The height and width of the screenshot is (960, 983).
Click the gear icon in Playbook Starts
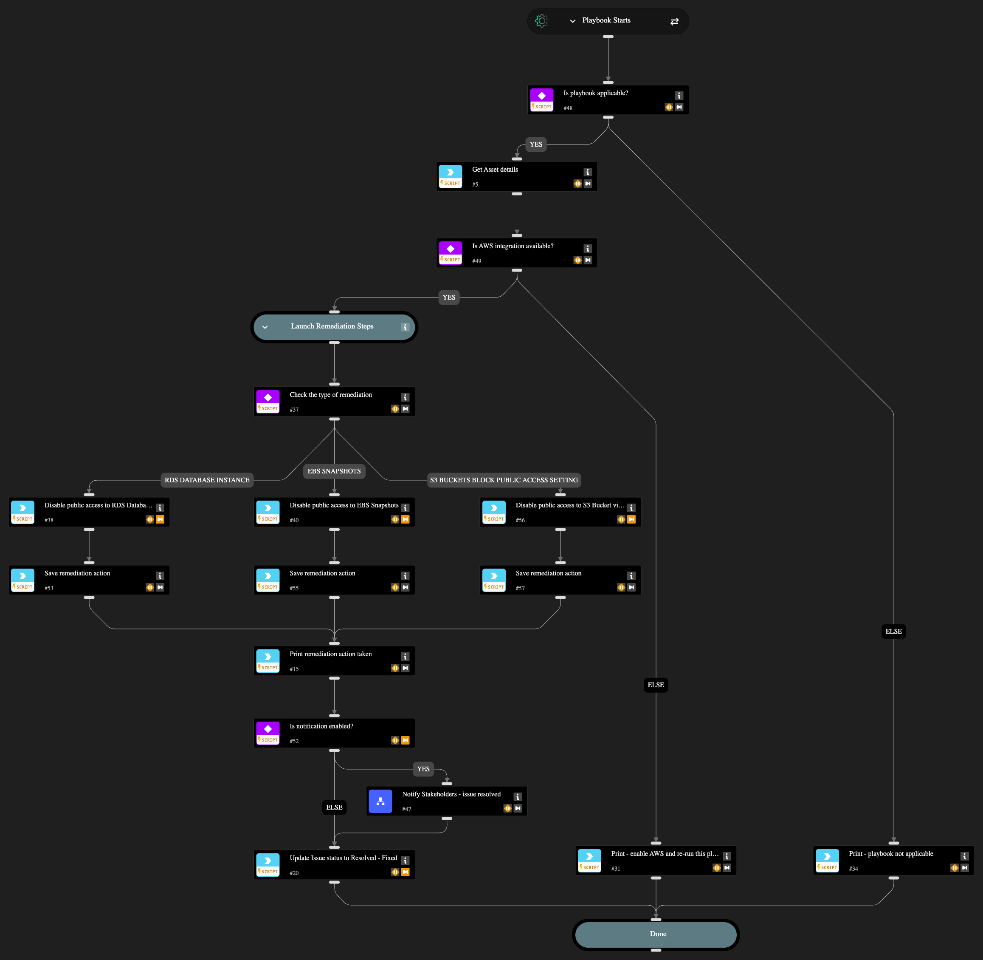click(541, 21)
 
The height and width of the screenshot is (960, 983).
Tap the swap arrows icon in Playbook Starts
click(674, 21)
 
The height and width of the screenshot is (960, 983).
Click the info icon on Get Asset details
click(588, 172)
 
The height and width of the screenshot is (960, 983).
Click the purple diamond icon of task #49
click(451, 249)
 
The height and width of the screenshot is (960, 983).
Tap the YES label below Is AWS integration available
click(448, 297)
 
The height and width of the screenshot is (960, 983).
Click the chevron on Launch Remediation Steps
click(265, 327)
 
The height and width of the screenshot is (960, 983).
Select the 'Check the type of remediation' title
click(330, 395)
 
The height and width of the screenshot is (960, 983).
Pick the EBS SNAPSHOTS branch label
click(334, 471)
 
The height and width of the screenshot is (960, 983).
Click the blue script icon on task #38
click(23, 508)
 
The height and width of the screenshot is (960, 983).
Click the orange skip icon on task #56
click(631, 519)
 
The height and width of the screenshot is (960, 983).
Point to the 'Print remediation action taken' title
click(330, 654)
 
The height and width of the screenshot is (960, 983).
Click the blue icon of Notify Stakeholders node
click(380, 801)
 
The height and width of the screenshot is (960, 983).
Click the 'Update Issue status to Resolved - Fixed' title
click(343, 858)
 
